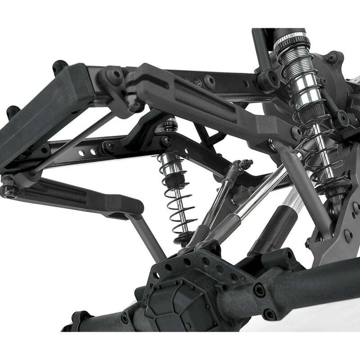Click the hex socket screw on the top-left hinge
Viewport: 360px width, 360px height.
(114, 75)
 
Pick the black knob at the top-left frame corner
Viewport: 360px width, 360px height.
(60, 66)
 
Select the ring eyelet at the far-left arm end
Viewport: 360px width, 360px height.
(9, 191)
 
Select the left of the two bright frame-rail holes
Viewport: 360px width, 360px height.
(83, 152)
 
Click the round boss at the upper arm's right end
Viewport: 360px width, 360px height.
(296, 133)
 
